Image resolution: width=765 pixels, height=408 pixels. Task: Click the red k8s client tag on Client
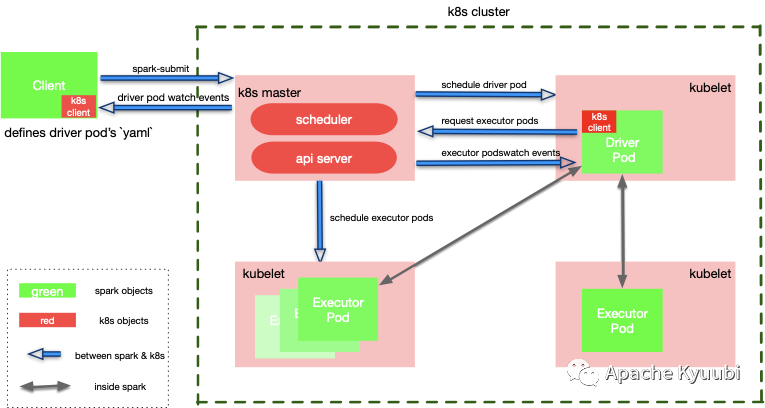(x=79, y=107)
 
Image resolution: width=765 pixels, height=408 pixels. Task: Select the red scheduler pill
(x=323, y=120)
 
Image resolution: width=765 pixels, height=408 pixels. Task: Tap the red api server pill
(x=323, y=157)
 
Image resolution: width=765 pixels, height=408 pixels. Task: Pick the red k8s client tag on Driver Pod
(x=599, y=122)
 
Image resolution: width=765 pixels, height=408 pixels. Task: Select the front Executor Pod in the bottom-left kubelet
(x=338, y=309)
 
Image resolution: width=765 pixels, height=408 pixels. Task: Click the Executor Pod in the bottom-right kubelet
(x=622, y=320)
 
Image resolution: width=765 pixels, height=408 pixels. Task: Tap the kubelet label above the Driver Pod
(x=710, y=88)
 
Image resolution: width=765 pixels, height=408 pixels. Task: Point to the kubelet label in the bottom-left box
(x=263, y=273)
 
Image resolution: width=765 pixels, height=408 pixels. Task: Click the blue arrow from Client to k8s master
(x=165, y=77)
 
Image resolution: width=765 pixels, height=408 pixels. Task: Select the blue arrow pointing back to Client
(x=165, y=107)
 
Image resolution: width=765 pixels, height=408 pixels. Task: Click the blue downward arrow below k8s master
(x=319, y=220)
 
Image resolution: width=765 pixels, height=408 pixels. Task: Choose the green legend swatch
(x=47, y=291)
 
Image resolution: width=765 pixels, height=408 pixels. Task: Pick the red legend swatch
(x=47, y=320)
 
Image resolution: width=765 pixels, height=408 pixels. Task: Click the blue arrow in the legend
(x=44, y=353)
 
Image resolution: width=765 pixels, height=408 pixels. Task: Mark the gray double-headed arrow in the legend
(x=45, y=385)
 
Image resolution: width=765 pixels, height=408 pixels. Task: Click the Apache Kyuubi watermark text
(x=670, y=373)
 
